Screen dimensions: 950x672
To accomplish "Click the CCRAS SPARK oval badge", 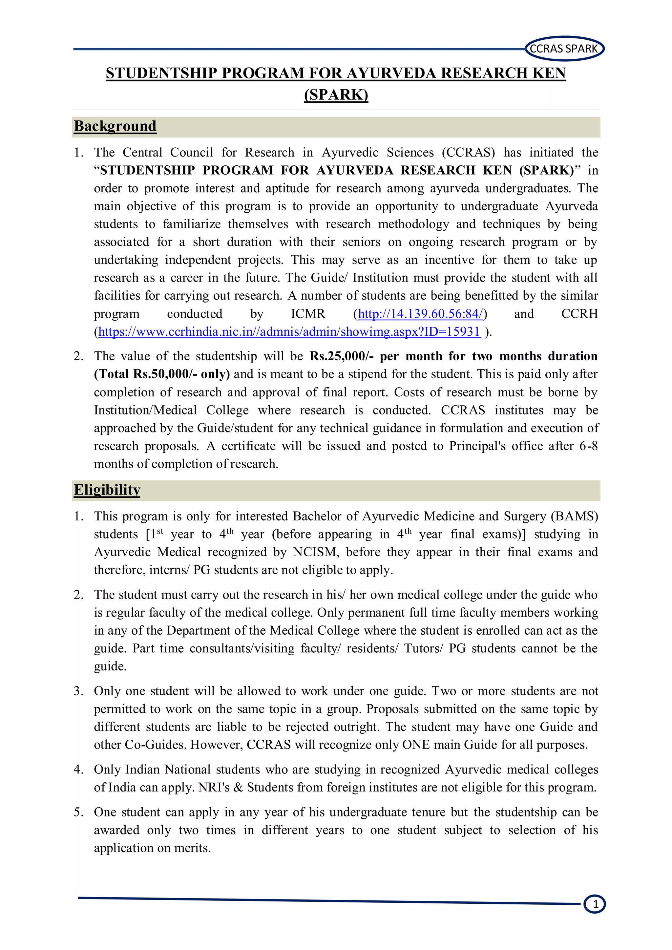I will (564, 49).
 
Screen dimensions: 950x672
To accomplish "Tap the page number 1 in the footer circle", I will (595, 904).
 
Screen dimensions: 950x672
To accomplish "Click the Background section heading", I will (115, 126).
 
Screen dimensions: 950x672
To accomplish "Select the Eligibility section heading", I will (107, 490).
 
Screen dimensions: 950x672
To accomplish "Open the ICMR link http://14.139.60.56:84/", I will (420, 314).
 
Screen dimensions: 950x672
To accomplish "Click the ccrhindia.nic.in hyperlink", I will (289, 332).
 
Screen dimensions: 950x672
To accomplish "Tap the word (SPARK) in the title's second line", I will (336, 95).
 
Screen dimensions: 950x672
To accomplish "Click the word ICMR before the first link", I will (308, 314).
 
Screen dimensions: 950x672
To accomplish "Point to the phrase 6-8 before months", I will (588, 446).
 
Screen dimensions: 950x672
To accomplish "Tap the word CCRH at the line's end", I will (579, 314).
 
